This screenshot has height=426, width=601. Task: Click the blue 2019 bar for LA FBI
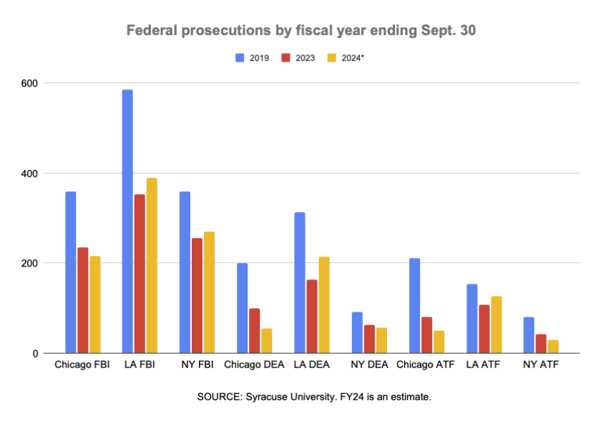pos(127,222)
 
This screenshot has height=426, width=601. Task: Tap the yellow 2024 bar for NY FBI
pos(209,292)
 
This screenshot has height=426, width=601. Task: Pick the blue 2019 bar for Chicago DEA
pos(242,308)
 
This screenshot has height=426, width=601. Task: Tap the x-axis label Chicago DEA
pos(253,366)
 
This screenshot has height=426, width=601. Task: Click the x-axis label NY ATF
pos(540,366)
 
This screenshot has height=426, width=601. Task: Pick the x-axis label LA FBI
pos(139,366)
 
